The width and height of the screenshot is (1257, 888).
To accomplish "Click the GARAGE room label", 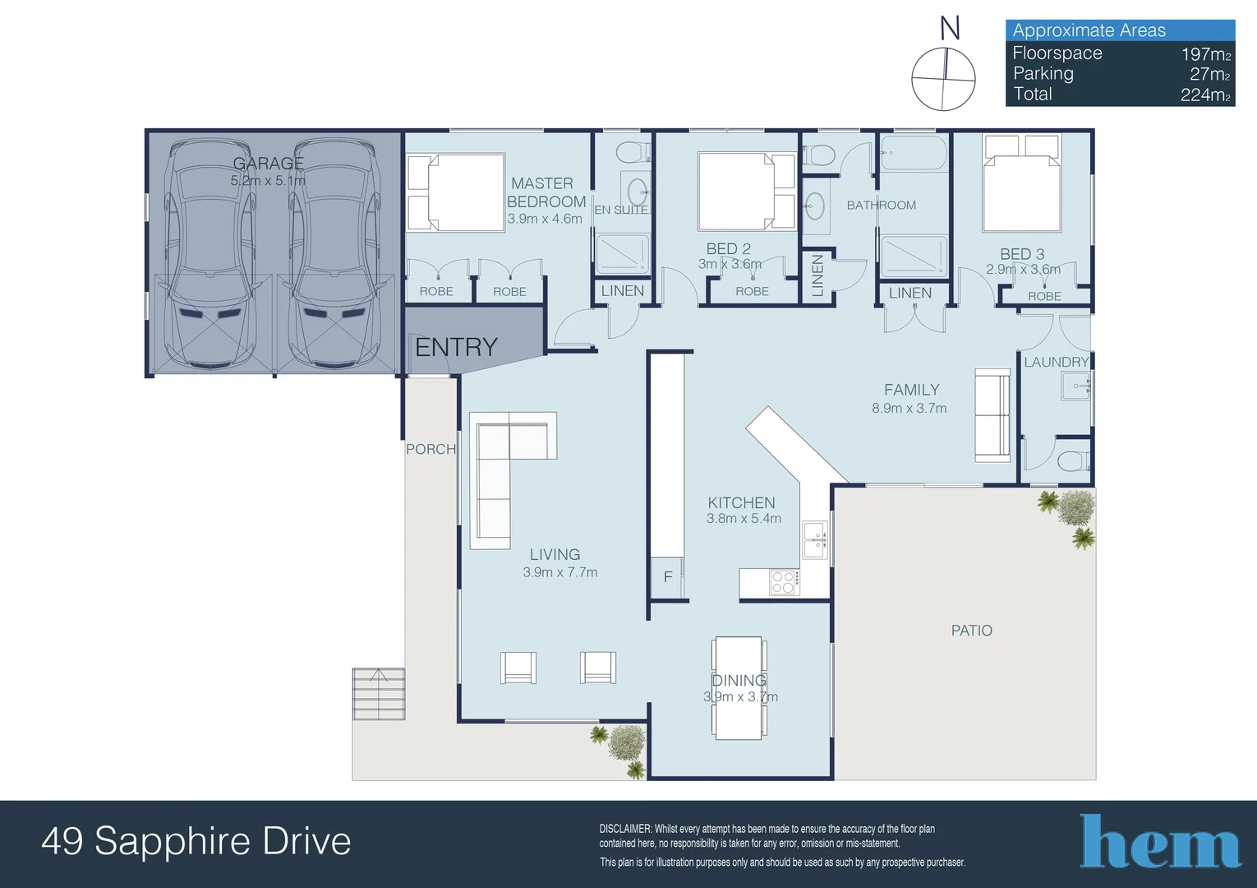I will (x=268, y=163).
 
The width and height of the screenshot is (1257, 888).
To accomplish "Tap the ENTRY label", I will (x=456, y=348).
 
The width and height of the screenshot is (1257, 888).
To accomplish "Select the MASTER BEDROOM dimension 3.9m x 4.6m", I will (x=545, y=219).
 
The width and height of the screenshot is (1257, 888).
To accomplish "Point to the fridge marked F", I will (x=667, y=576).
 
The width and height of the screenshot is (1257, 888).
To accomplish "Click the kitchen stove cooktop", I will (x=783, y=582).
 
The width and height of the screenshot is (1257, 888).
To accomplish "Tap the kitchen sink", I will (x=815, y=539).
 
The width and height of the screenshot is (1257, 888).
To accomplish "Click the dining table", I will (x=738, y=688).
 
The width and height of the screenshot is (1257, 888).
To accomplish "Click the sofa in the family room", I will (x=992, y=415).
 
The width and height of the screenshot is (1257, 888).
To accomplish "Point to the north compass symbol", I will (x=943, y=79).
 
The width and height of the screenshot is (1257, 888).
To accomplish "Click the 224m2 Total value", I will (x=1204, y=95).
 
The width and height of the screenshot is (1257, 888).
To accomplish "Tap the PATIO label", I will (x=971, y=631).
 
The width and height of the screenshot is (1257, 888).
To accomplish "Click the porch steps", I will (x=379, y=694).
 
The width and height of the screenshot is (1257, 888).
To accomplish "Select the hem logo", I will (x=1159, y=842).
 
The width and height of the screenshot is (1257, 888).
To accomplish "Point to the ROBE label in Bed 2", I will (x=752, y=291).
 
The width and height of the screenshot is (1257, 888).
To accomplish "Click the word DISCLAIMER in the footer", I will (x=625, y=829).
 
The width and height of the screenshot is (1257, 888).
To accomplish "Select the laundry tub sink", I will (x=1075, y=386).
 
